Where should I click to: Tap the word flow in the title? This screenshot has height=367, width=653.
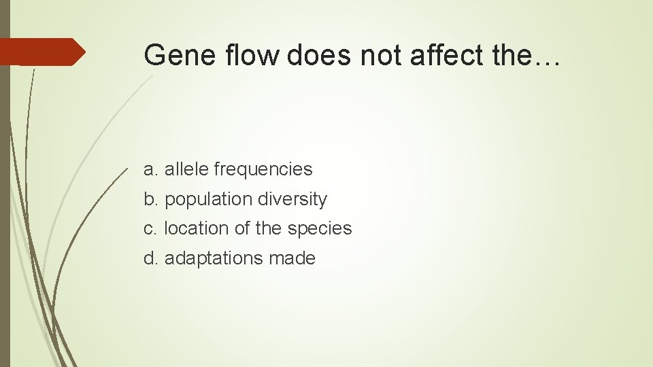pyautogui.click(x=249, y=54)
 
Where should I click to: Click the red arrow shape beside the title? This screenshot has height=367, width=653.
pyautogui.click(x=42, y=52)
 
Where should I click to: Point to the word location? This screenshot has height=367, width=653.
pyautogui.click(x=197, y=228)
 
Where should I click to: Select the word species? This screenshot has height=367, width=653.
pyautogui.click(x=320, y=229)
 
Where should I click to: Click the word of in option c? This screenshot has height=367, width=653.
pyautogui.click(x=242, y=228)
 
